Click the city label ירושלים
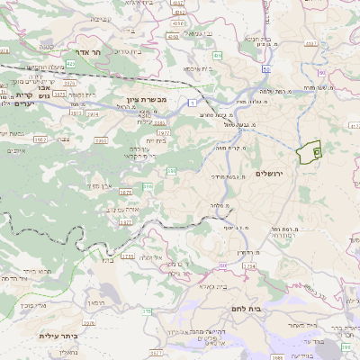(269, 173)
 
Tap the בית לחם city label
(246, 308)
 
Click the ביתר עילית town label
(56, 336)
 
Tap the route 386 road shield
(147, 186)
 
